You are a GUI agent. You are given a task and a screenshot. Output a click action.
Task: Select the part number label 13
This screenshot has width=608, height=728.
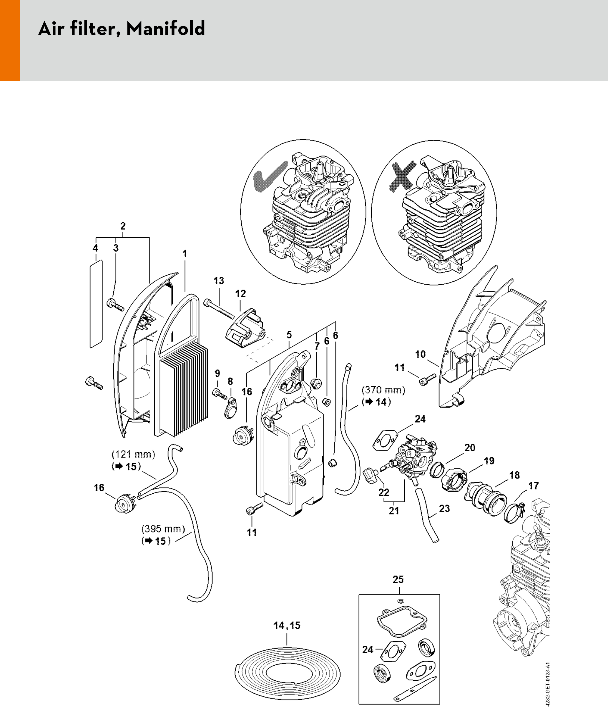219,280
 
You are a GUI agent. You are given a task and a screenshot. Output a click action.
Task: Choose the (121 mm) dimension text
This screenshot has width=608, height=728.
133,454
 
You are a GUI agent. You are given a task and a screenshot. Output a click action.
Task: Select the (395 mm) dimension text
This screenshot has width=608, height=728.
163,529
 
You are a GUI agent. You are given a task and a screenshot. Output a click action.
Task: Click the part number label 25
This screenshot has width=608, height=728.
398,579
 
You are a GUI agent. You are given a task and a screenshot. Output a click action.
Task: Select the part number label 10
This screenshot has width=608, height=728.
420,354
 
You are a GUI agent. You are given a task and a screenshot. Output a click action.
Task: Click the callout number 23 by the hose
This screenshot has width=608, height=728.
444,509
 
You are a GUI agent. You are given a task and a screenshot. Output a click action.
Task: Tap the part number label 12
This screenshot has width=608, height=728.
240,294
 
